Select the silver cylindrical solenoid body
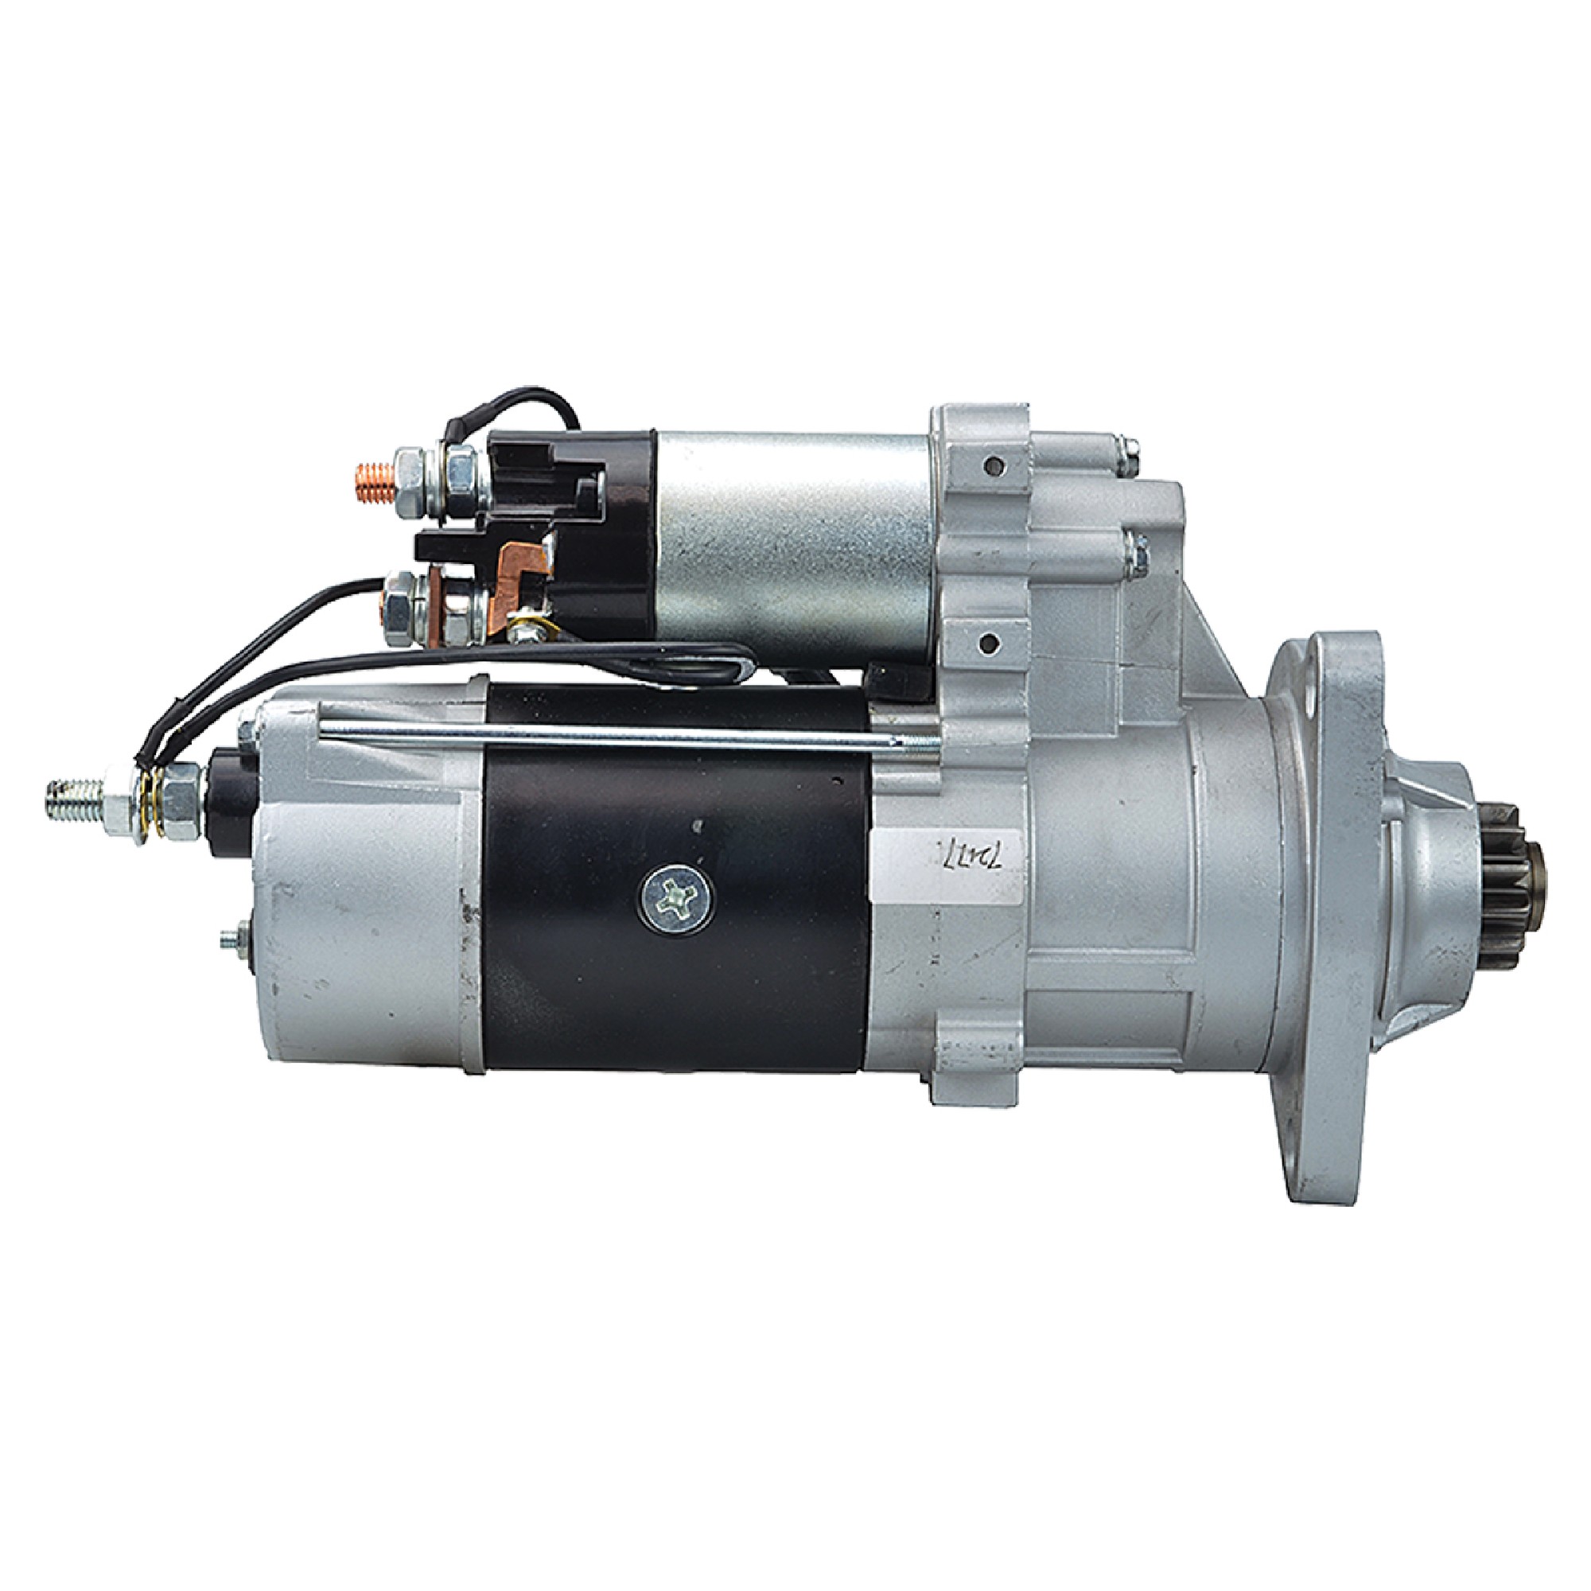tap(791, 543)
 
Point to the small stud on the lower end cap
tap(233, 938)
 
